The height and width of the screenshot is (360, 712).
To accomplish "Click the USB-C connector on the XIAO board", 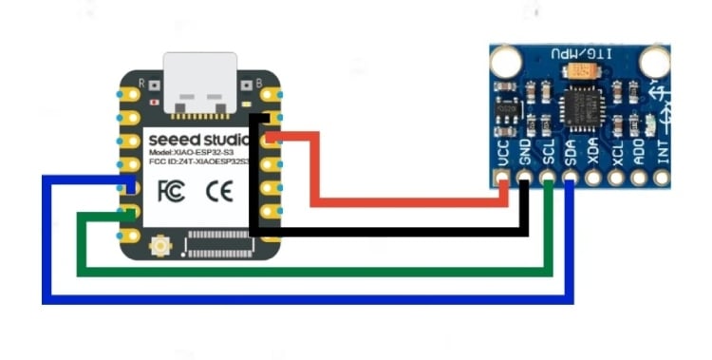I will [x=200, y=84].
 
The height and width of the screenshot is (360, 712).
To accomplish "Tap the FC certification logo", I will [x=171, y=188].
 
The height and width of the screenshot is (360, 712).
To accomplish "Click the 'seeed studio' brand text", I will [x=198, y=140].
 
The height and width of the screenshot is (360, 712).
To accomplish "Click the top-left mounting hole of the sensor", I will [x=504, y=60].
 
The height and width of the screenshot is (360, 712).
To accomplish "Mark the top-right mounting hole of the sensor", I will [x=654, y=62].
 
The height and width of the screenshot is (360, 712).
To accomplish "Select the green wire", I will [x=313, y=274].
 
